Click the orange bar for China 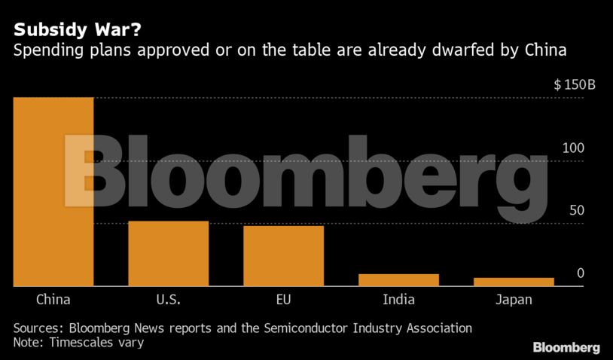pyautogui.click(x=53, y=192)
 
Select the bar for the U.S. pyautogui.click(x=168, y=254)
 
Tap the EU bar pyautogui.click(x=283, y=256)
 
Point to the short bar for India pyautogui.click(x=398, y=280)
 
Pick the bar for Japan pyautogui.click(x=514, y=282)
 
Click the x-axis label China pyautogui.click(x=53, y=300)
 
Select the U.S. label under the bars pyautogui.click(x=168, y=300)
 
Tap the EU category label pyautogui.click(x=283, y=300)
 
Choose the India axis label pyautogui.click(x=398, y=300)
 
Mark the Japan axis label pyautogui.click(x=514, y=300)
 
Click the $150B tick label pyautogui.click(x=575, y=84)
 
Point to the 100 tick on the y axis pyautogui.click(x=573, y=148)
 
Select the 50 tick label pyautogui.click(x=576, y=210)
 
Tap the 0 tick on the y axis pyautogui.click(x=580, y=273)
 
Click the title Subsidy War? pyautogui.click(x=65, y=31)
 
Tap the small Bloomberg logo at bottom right pyautogui.click(x=566, y=347)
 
